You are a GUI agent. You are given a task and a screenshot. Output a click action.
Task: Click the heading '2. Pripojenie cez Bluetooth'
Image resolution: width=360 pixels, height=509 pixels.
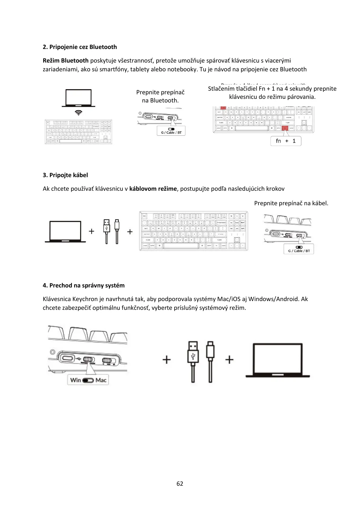pyautogui.click(x=80, y=47)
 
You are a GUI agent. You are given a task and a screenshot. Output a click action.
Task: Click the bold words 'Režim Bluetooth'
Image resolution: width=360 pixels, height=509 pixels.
pyautogui.click(x=66, y=60)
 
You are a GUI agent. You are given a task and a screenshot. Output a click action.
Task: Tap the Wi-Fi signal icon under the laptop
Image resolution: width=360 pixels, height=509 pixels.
pyautogui.click(x=79, y=113)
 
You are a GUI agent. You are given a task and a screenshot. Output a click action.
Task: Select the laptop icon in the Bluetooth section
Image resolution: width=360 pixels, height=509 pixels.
pyautogui.click(x=79, y=98)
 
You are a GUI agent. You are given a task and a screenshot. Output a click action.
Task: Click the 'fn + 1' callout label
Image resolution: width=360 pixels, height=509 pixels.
pyautogui.click(x=286, y=141)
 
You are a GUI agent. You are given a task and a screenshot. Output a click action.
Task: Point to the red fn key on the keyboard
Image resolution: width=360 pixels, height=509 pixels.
pyautogui.click(x=285, y=128)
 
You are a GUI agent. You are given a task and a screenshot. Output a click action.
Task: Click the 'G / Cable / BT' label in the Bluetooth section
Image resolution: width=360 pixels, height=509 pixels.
pyautogui.click(x=171, y=132)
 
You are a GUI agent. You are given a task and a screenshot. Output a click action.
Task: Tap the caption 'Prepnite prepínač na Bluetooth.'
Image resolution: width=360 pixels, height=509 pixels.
pyautogui.click(x=160, y=96)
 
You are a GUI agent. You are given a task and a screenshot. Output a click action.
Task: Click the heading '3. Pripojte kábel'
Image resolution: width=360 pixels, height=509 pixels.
pyautogui.click(x=65, y=175)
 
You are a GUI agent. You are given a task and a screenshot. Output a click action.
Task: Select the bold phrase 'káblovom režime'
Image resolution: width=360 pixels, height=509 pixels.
pyautogui.click(x=153, y=189)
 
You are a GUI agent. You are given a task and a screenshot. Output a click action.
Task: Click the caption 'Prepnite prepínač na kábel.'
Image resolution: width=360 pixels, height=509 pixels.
pyautogui.click(x=291, y=203)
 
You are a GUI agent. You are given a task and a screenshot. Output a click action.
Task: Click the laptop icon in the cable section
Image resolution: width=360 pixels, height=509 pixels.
pyautogui.click(x=65, y=232)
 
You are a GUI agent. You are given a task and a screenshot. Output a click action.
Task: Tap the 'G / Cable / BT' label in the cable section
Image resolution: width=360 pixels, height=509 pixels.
pyautogui.click(x=299, y=251)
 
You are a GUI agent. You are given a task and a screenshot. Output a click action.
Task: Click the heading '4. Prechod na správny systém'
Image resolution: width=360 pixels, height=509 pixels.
pyautogui.click(x=84, y=285)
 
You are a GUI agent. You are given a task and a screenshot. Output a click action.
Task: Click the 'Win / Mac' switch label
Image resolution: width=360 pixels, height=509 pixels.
pyautogui.click(x=88, y=380)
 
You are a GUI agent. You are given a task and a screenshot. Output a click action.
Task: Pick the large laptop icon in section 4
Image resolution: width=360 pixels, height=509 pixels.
pyautogui.click(x=278, y=360)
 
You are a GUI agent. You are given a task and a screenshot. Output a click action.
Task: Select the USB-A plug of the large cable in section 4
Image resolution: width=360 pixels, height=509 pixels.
pyautogui.click(x=193, y=352)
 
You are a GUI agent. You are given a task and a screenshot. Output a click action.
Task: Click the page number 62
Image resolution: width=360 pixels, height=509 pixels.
pyautogui.click(x=180, y=484)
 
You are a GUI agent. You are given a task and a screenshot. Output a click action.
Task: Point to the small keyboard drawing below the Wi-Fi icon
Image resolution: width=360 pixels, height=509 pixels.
pyautogui.click(x=79, y=131)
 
